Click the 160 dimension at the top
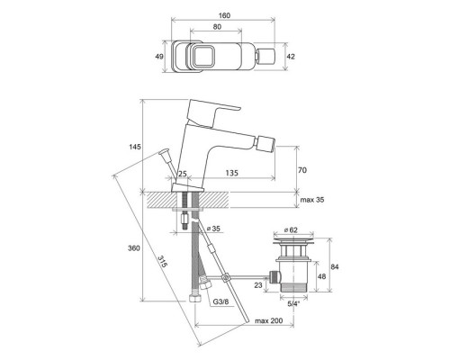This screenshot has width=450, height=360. pyautogui.click(x=224, y=15)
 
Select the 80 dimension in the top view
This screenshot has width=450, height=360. pyautogui.click(x=217, y=27)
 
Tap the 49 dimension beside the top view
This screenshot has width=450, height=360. pyautogui.click(x=159, y=57)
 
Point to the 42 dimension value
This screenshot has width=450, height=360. pyautogui.click(x=291, y=57)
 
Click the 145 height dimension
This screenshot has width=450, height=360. pyautogui.click(x=135, y=147)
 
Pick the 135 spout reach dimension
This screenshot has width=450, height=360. pyautogui.click(x=232, y=173)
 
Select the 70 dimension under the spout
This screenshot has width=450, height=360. pyautogui.click(x=302, y=170)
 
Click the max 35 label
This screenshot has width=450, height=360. pyautogui.click(x=312, y=200)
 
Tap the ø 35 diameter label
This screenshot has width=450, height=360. pyautogui.click(x=213, y=229)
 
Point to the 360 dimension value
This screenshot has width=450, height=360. pyautogui.click(x=134, y=248)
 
